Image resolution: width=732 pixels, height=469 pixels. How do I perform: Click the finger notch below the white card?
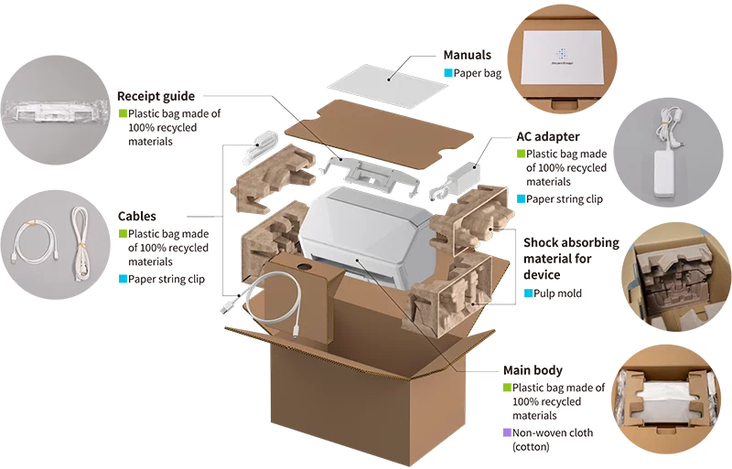coord(554,103)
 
